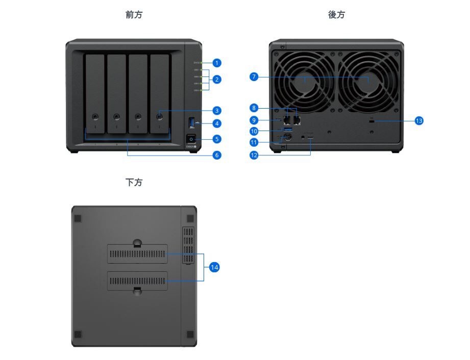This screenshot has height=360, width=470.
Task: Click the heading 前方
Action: [x=134, y=15]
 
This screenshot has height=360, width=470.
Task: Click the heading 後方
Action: [x=336, y=15]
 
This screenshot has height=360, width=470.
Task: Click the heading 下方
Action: [x=134, y=182]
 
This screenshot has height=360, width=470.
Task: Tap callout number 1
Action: [x=217, y=63]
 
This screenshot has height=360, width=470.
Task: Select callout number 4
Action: [x=217, y=123]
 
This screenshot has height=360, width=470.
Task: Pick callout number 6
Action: [x=217, y=155]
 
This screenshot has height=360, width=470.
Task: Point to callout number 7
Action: [x=254, y=77]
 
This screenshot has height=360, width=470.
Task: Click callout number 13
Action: [x=419, y=121]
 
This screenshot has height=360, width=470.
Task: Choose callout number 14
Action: [x=215, y=267]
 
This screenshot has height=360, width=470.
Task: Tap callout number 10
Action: [x=254, y=131]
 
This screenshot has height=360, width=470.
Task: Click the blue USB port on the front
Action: [x=192, y=122]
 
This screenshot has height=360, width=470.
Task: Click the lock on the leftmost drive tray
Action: [x=95, y=117]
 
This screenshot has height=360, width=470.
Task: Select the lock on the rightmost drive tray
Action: [x=160, y=117]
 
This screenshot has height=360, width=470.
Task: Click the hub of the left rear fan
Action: [x=305, y=81]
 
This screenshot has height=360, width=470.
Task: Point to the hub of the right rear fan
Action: [x=368, y=81]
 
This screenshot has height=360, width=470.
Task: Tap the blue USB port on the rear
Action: [x=287, y=131]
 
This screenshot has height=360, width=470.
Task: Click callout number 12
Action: [x=254, y=155]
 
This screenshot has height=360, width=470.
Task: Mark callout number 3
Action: [x=217, y=110]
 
